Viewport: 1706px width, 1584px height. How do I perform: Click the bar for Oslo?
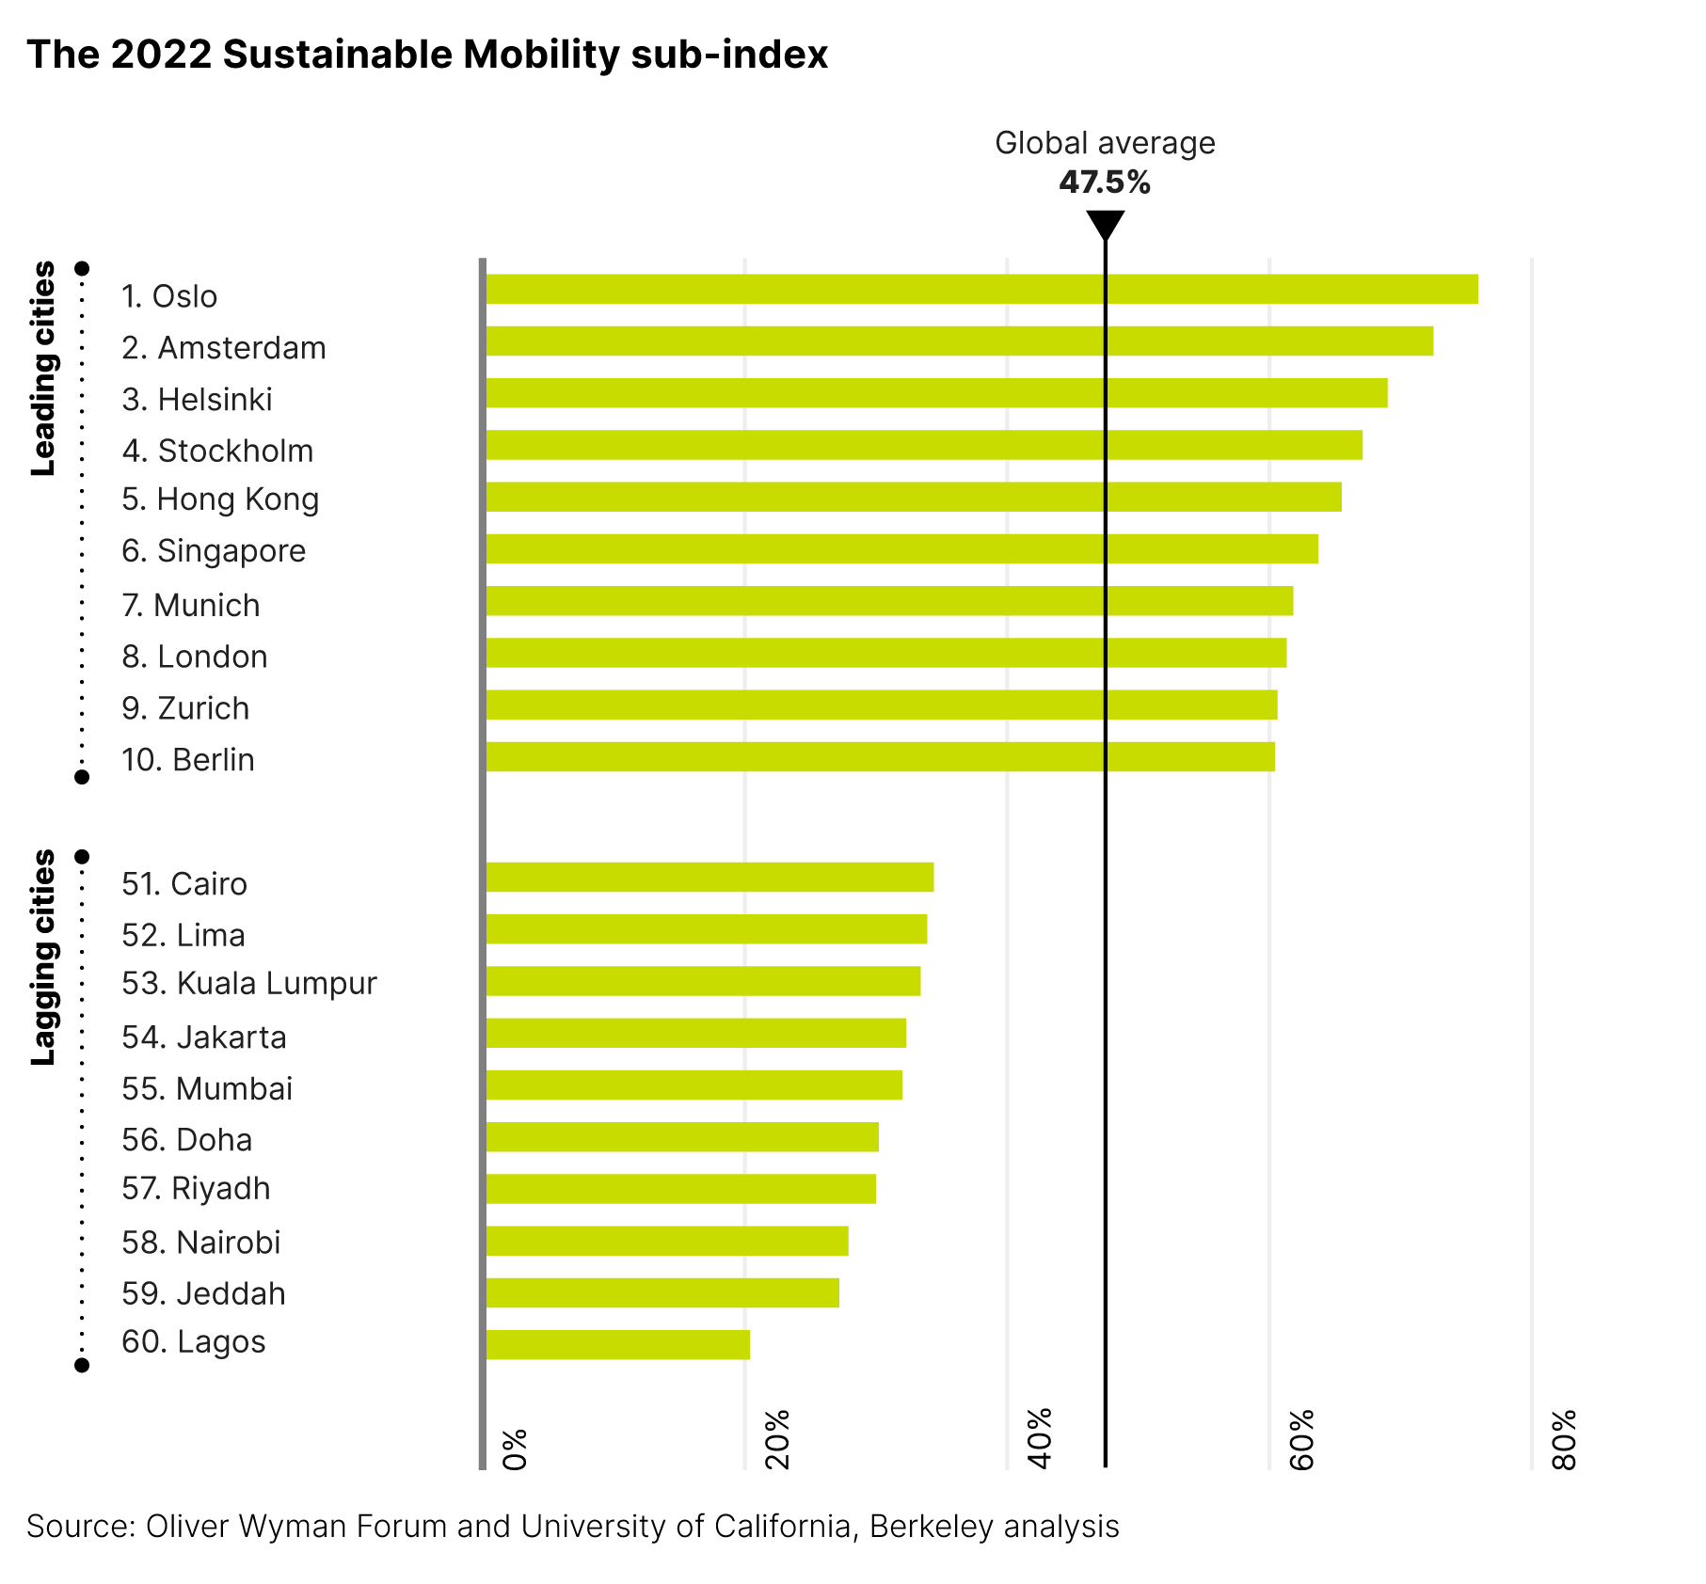tap(981, 289)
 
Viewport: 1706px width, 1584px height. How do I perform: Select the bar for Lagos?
tap(617, 1344)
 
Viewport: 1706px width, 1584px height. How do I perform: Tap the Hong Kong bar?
tap(913, 497)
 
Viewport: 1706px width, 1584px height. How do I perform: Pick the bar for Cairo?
tap(710, 877)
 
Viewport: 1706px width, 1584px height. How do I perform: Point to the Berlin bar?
tap(880, 756)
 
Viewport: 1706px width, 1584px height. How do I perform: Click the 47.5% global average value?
tap(1105, 182)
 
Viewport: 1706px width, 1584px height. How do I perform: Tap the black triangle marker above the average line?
tap(1105, 225)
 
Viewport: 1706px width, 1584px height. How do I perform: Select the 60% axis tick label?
tap(1301, 1440)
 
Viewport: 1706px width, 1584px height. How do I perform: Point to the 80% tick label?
tap(1564, 1440)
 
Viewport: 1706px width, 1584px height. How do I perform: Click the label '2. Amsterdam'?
tap(224, 348)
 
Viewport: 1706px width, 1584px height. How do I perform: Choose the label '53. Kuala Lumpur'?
tap(249, 983)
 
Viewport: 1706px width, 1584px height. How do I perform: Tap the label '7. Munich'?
tap(191, 605)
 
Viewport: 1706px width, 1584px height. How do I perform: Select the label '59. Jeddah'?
tap(203, 1293)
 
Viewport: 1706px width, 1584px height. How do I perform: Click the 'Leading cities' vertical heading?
tap(43, 369)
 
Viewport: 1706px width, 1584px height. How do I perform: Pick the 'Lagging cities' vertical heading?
tap(43, 957)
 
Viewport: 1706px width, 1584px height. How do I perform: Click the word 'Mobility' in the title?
tap(541, 55)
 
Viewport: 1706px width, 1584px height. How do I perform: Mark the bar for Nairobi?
tap(667, 1241)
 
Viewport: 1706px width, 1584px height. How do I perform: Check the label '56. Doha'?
tap(187, 1140)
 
